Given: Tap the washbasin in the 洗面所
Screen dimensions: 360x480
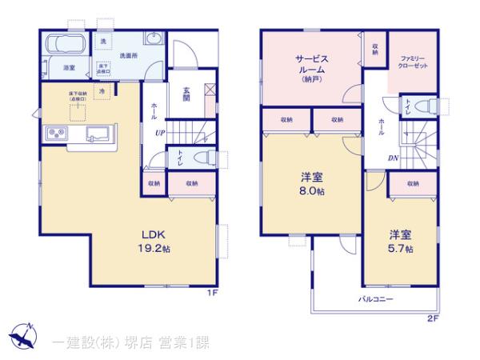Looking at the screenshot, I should click(x=155, y=40).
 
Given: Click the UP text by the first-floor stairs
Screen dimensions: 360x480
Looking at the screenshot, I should click(x=161, y=134).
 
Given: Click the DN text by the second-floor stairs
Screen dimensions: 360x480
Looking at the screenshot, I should click(x=394, y=158).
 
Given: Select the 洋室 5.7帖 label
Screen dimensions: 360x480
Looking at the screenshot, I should click(x=401, y=241).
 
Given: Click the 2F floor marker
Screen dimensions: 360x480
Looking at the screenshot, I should click(x=433, y=318).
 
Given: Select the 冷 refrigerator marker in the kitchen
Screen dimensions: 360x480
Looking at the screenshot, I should click(x=102, y=93).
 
